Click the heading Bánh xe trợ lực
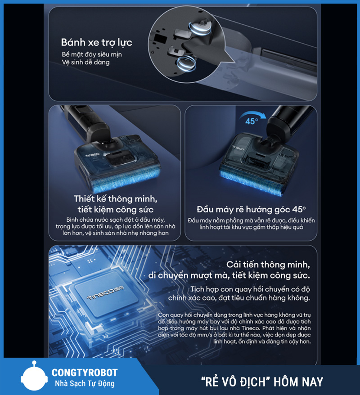pos(96,43)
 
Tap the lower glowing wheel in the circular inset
pos(187,63)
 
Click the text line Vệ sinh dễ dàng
pos(85,62)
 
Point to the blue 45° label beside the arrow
pos(252,121)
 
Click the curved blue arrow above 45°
pos(253,114)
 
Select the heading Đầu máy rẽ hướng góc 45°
pos(251,209)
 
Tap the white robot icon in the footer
pos(34,376)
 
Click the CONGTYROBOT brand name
pos(85,373)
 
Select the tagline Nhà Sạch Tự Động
pos(85,384)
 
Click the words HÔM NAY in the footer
pos(298,382)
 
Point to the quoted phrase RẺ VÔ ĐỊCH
pos(235,382)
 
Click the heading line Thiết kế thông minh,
pos(116,199)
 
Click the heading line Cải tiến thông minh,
pos(268,265)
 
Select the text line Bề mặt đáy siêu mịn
pos(92,54)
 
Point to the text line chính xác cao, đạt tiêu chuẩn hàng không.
pos(239,298)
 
